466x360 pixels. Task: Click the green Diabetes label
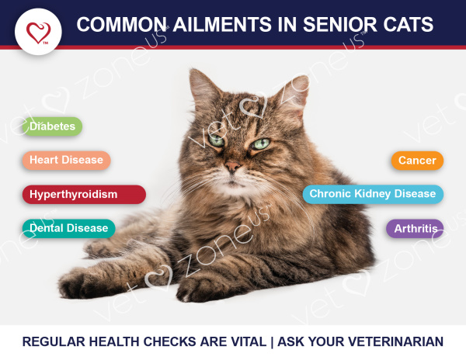pos(52,126)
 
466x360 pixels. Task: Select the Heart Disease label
pos(66,161)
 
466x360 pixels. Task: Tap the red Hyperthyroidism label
pos(84,195)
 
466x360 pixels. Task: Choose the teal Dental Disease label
pos(68,228)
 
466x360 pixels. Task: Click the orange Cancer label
pos(417,161)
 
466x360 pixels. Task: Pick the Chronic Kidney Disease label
pos(373,194)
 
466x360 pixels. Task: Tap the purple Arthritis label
pos(415,229)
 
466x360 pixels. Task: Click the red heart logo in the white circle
pos(39,33)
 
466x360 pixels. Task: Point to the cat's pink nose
pos(232,166)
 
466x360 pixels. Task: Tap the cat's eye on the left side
pos(217,140)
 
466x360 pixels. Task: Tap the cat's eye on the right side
pos(260,144)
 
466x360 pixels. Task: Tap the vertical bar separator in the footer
pos(273,342)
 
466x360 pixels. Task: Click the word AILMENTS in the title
pos(222,24)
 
